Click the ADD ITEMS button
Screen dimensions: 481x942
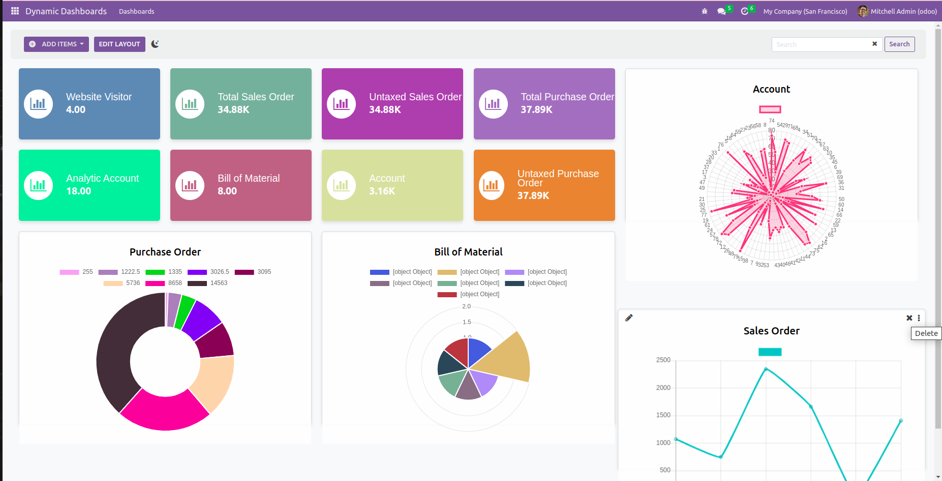click(x=56, y=44)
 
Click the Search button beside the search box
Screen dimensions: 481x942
click(x=899, y=44)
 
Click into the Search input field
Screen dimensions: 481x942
click(x=821, y=45)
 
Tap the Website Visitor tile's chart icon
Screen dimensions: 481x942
click(x=38, y=104)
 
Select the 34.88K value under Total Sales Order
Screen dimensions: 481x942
click(x=233, y=109)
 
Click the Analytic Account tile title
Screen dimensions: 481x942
click(x=102, y=178)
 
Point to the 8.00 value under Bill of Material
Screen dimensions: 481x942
click(x=227, y=191)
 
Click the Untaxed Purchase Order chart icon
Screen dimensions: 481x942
click(x=492, y=185)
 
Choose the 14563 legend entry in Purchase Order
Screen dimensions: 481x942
click(x=219, y=283)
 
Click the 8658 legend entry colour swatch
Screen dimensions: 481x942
click(x=155, y=284)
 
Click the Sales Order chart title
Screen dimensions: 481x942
click(x=771, y=331)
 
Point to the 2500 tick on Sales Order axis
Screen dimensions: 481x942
click(x=663, y=360)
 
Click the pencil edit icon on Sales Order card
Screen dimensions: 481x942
click(x=629, y=318)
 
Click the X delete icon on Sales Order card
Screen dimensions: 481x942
click(x=909, y=318)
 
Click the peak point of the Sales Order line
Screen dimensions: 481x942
click(x=766, y=369)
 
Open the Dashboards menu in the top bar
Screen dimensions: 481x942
click(x=136, y=11)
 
